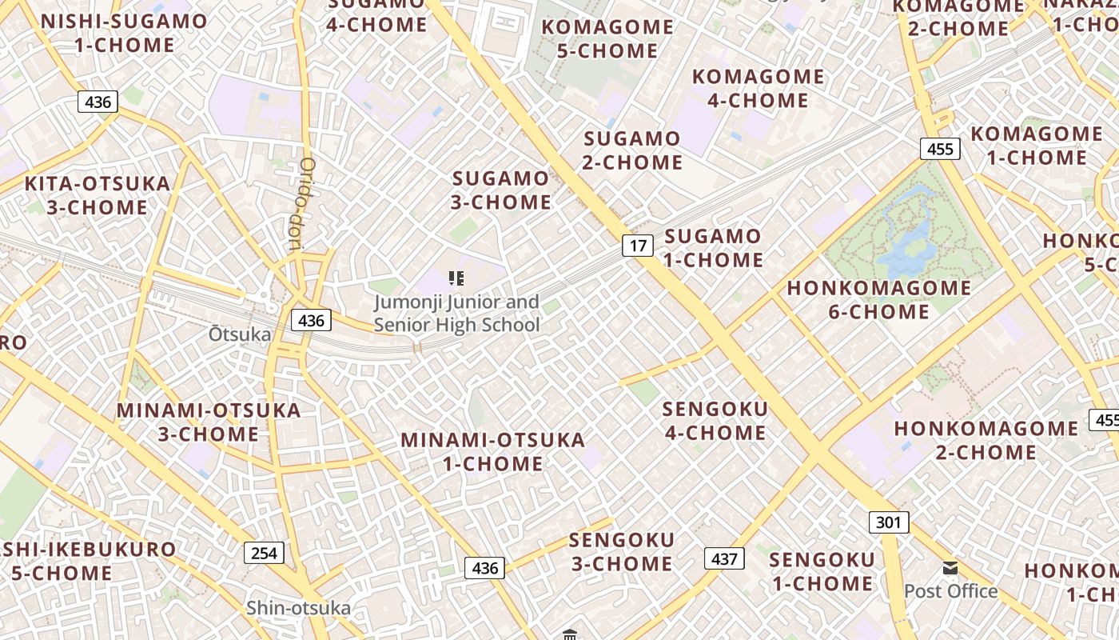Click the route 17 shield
click(x=638, y=246)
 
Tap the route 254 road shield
click(x=264, y=553)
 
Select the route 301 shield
click(x=888, y=523)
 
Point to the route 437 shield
click(x=724, y=558)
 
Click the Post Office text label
click(x=950, y=591)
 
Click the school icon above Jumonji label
click(x=456, y=278)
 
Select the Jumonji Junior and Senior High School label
click(x=457, y=314)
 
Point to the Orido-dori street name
click(x=302, y=204)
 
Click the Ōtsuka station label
click(x=240, y=334)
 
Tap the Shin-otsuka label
click(x=298, y=608)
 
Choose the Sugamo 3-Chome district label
click(x=501, y=190)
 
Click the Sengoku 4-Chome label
click(x=715, y=422)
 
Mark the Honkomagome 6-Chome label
click(x=879, y=300)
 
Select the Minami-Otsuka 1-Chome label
click(x=493, y=452)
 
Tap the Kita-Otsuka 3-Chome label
click(x=98, y=196)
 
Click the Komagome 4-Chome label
click(x=758, y=89)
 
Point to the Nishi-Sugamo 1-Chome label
click(x=124, y=34)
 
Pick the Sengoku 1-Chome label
click(x=822, y=571)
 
